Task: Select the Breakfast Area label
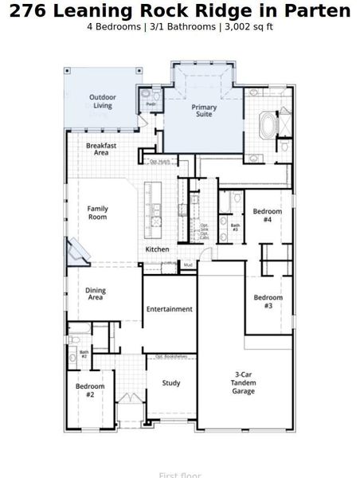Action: click(101, 149)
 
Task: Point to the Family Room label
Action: click(97, 213)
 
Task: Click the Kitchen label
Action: click(157, 250)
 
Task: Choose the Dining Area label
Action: click(95, 294)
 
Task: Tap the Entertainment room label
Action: click(169, 309)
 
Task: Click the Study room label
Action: click(171, 383)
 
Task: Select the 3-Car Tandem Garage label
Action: click(244, 382)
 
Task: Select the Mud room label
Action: click(188, 264)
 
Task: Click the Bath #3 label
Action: click(235, 227)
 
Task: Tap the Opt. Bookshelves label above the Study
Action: click(170, 356)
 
